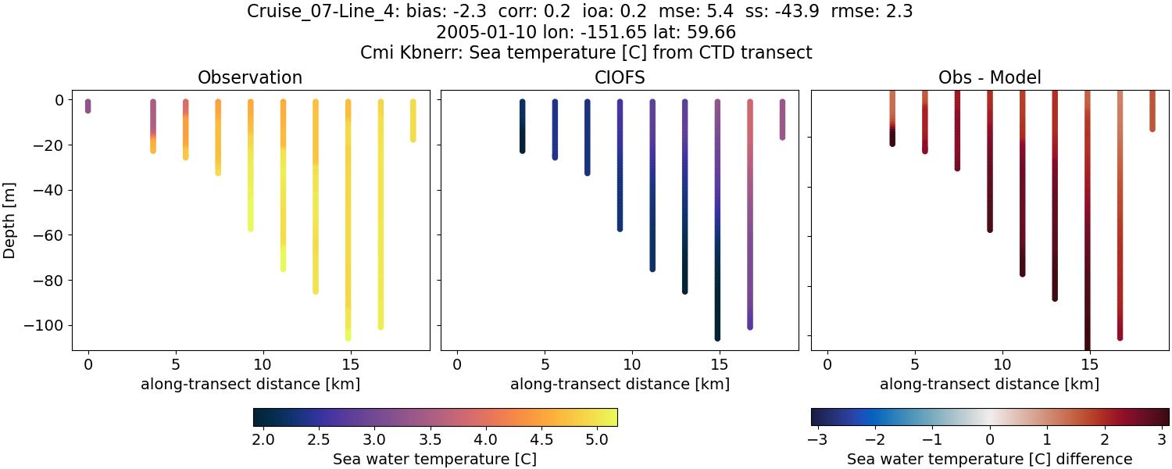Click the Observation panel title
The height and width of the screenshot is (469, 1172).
tap(250, 77)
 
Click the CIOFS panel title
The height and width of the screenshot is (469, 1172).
tap(620, 77)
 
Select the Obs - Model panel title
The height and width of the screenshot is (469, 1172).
tap(989, 77)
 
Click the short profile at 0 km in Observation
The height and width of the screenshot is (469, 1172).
tap(88, 106)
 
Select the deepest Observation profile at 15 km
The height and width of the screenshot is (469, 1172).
tap(348, 219)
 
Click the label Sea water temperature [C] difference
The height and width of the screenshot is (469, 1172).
tap(989, 459)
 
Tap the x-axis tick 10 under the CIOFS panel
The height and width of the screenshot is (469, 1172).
tap(631, 365)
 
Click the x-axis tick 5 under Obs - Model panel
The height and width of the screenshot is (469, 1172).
tap(914, 365)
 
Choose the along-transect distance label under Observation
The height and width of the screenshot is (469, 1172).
tap(250, 384)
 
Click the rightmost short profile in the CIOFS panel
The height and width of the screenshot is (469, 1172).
tap(782, 119)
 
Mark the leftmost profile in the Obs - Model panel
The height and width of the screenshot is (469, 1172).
tap(892, 117)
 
